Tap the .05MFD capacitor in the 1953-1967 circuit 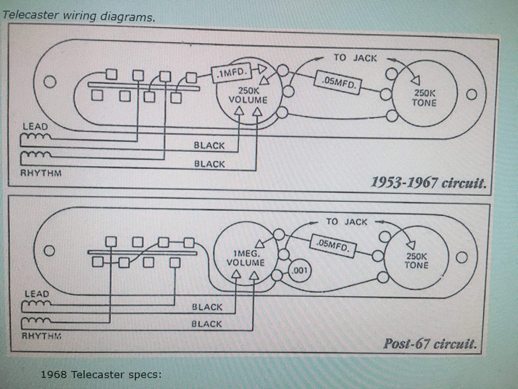pos(338,82)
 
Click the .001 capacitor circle pos(300,271)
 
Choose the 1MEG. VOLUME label pos(245,258)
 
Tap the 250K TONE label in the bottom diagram pos(416,261)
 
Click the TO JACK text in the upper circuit pos(355,58)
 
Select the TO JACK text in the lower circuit pos(347,222)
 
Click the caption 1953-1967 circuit pos(428,183)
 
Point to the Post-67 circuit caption pos(430,344)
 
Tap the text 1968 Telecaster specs pos(101,374)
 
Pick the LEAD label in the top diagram pos(35,126)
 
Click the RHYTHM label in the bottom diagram pos(41,336)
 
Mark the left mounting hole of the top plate pos(50,82)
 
